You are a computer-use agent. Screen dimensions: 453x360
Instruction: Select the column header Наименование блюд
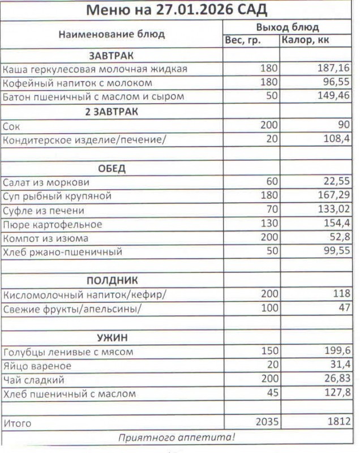112,34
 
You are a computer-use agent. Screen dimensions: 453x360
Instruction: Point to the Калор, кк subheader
305,40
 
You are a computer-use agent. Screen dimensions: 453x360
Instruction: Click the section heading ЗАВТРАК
112,55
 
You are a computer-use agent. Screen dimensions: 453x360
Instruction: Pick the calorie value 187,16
333,69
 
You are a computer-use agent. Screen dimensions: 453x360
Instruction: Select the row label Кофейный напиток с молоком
78,83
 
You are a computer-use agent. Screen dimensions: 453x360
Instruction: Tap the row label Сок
11,126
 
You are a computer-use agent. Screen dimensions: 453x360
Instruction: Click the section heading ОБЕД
112,169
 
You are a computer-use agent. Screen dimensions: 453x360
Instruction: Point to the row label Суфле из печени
44,211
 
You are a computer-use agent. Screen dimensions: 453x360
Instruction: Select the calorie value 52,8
338,238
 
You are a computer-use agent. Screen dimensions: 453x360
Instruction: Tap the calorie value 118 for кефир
341,294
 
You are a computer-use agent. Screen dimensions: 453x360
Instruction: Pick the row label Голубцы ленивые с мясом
68,352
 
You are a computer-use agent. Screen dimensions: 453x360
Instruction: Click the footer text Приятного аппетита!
177,437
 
